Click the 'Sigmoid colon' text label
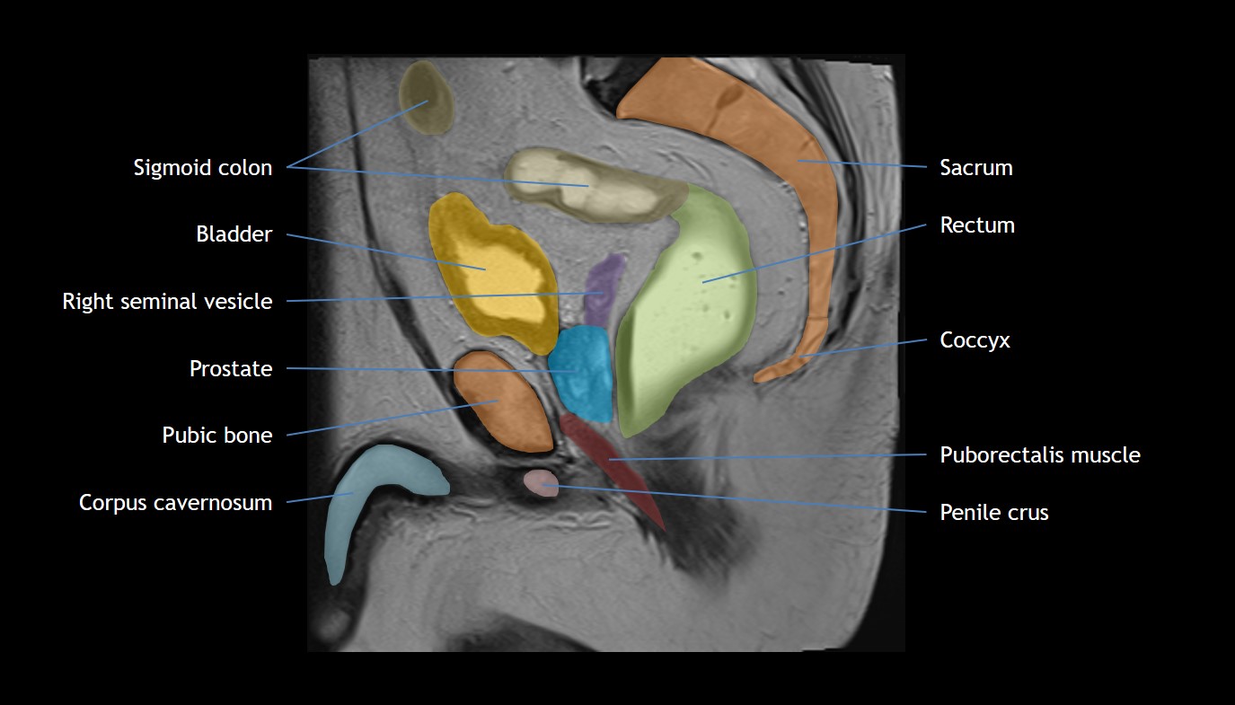(x=203, y=168)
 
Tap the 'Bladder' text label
(x=234, y=234)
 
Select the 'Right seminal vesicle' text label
(x=167, y=302)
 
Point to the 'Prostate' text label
(x=231, y=368)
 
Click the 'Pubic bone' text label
(x=217, y=436)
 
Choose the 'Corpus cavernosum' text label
(x=175, y=503)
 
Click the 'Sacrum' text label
(x=976, y=168)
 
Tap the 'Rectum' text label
(x=977, y=225)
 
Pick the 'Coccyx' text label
(x=975, y=340)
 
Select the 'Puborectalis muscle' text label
(x=1040, y=454)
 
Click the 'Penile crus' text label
(x=994, y=513)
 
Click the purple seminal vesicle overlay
(x=604, y=289)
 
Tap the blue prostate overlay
(x=582, y=374)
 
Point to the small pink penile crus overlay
(x=541, y=483)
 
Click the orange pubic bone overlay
(x=503, y=401)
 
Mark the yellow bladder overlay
(x=492, y=274)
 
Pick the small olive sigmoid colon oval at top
(x=426, y=98)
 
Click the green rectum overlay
(x=686, y=312)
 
